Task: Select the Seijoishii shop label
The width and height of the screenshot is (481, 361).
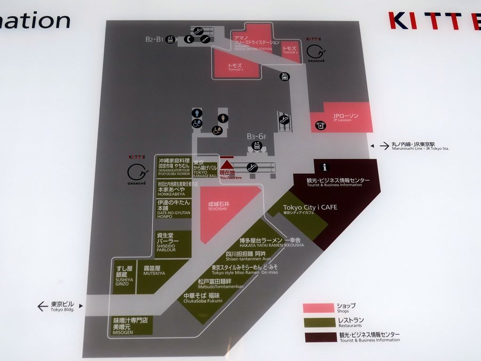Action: [219, 206]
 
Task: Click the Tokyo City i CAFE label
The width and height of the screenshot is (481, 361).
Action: [310, 208]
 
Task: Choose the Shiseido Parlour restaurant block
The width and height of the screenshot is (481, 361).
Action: [174, 243]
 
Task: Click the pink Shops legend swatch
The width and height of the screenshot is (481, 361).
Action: [318, 308]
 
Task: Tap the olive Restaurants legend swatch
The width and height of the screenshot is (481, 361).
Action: [318, 322]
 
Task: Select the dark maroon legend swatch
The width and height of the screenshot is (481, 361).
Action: [318, 337]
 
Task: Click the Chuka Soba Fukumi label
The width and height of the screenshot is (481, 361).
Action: [202, 298]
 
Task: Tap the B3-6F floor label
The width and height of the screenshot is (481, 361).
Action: [257, 136]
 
